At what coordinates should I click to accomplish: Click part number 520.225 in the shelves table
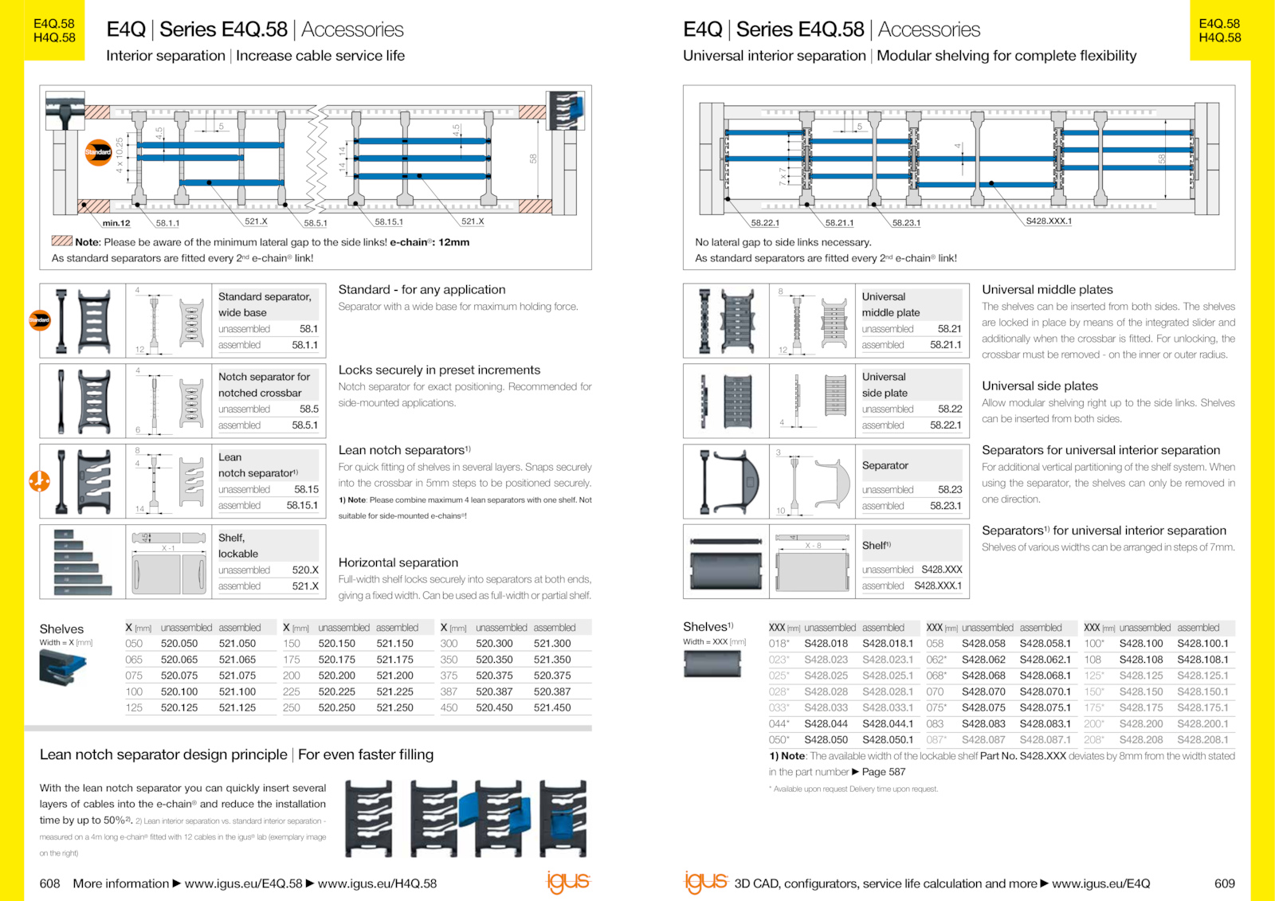pos(336,691)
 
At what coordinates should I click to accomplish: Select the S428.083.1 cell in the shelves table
pos(1045,723)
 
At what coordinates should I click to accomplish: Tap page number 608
pos(49,883)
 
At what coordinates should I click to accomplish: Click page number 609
pos(1224,883)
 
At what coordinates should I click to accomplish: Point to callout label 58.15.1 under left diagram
pos(389,222)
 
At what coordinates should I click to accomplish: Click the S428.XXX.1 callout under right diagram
pos(1048,221)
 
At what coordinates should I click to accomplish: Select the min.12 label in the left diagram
pos(116,223)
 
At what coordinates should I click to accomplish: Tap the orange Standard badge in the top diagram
pos(98,151)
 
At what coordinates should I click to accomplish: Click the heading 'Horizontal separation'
pos(398,562)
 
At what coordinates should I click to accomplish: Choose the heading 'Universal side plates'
pos(1039,386)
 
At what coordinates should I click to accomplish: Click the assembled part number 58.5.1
pos(304,425)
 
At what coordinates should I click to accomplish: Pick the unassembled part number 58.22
pos(950,409)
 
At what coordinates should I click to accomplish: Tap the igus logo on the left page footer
pos(567,882)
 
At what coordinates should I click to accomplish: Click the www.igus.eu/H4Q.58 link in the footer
pos(377,883)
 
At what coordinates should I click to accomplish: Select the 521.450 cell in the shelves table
pos(552,707)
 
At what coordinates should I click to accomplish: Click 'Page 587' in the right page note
pos(883,772)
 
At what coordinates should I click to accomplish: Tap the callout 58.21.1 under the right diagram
pos(839,223)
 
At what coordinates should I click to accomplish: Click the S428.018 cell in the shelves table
pos(826,643)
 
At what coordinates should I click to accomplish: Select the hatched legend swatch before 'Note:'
pos(61,241)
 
